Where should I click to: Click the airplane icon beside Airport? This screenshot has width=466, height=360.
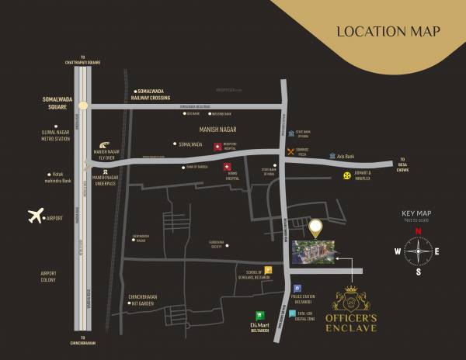pyautogui.click(x=35, y=216)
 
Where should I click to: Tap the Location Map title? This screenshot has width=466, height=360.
pyautogui.click(x=388, y=32)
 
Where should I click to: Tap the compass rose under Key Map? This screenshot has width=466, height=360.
pyautogui.click(x=417, y=251)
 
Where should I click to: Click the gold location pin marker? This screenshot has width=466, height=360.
pyautogui.click(x=315, y=228)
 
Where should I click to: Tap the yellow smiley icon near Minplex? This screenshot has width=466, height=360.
pyautogui.click(x=347, y=178)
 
